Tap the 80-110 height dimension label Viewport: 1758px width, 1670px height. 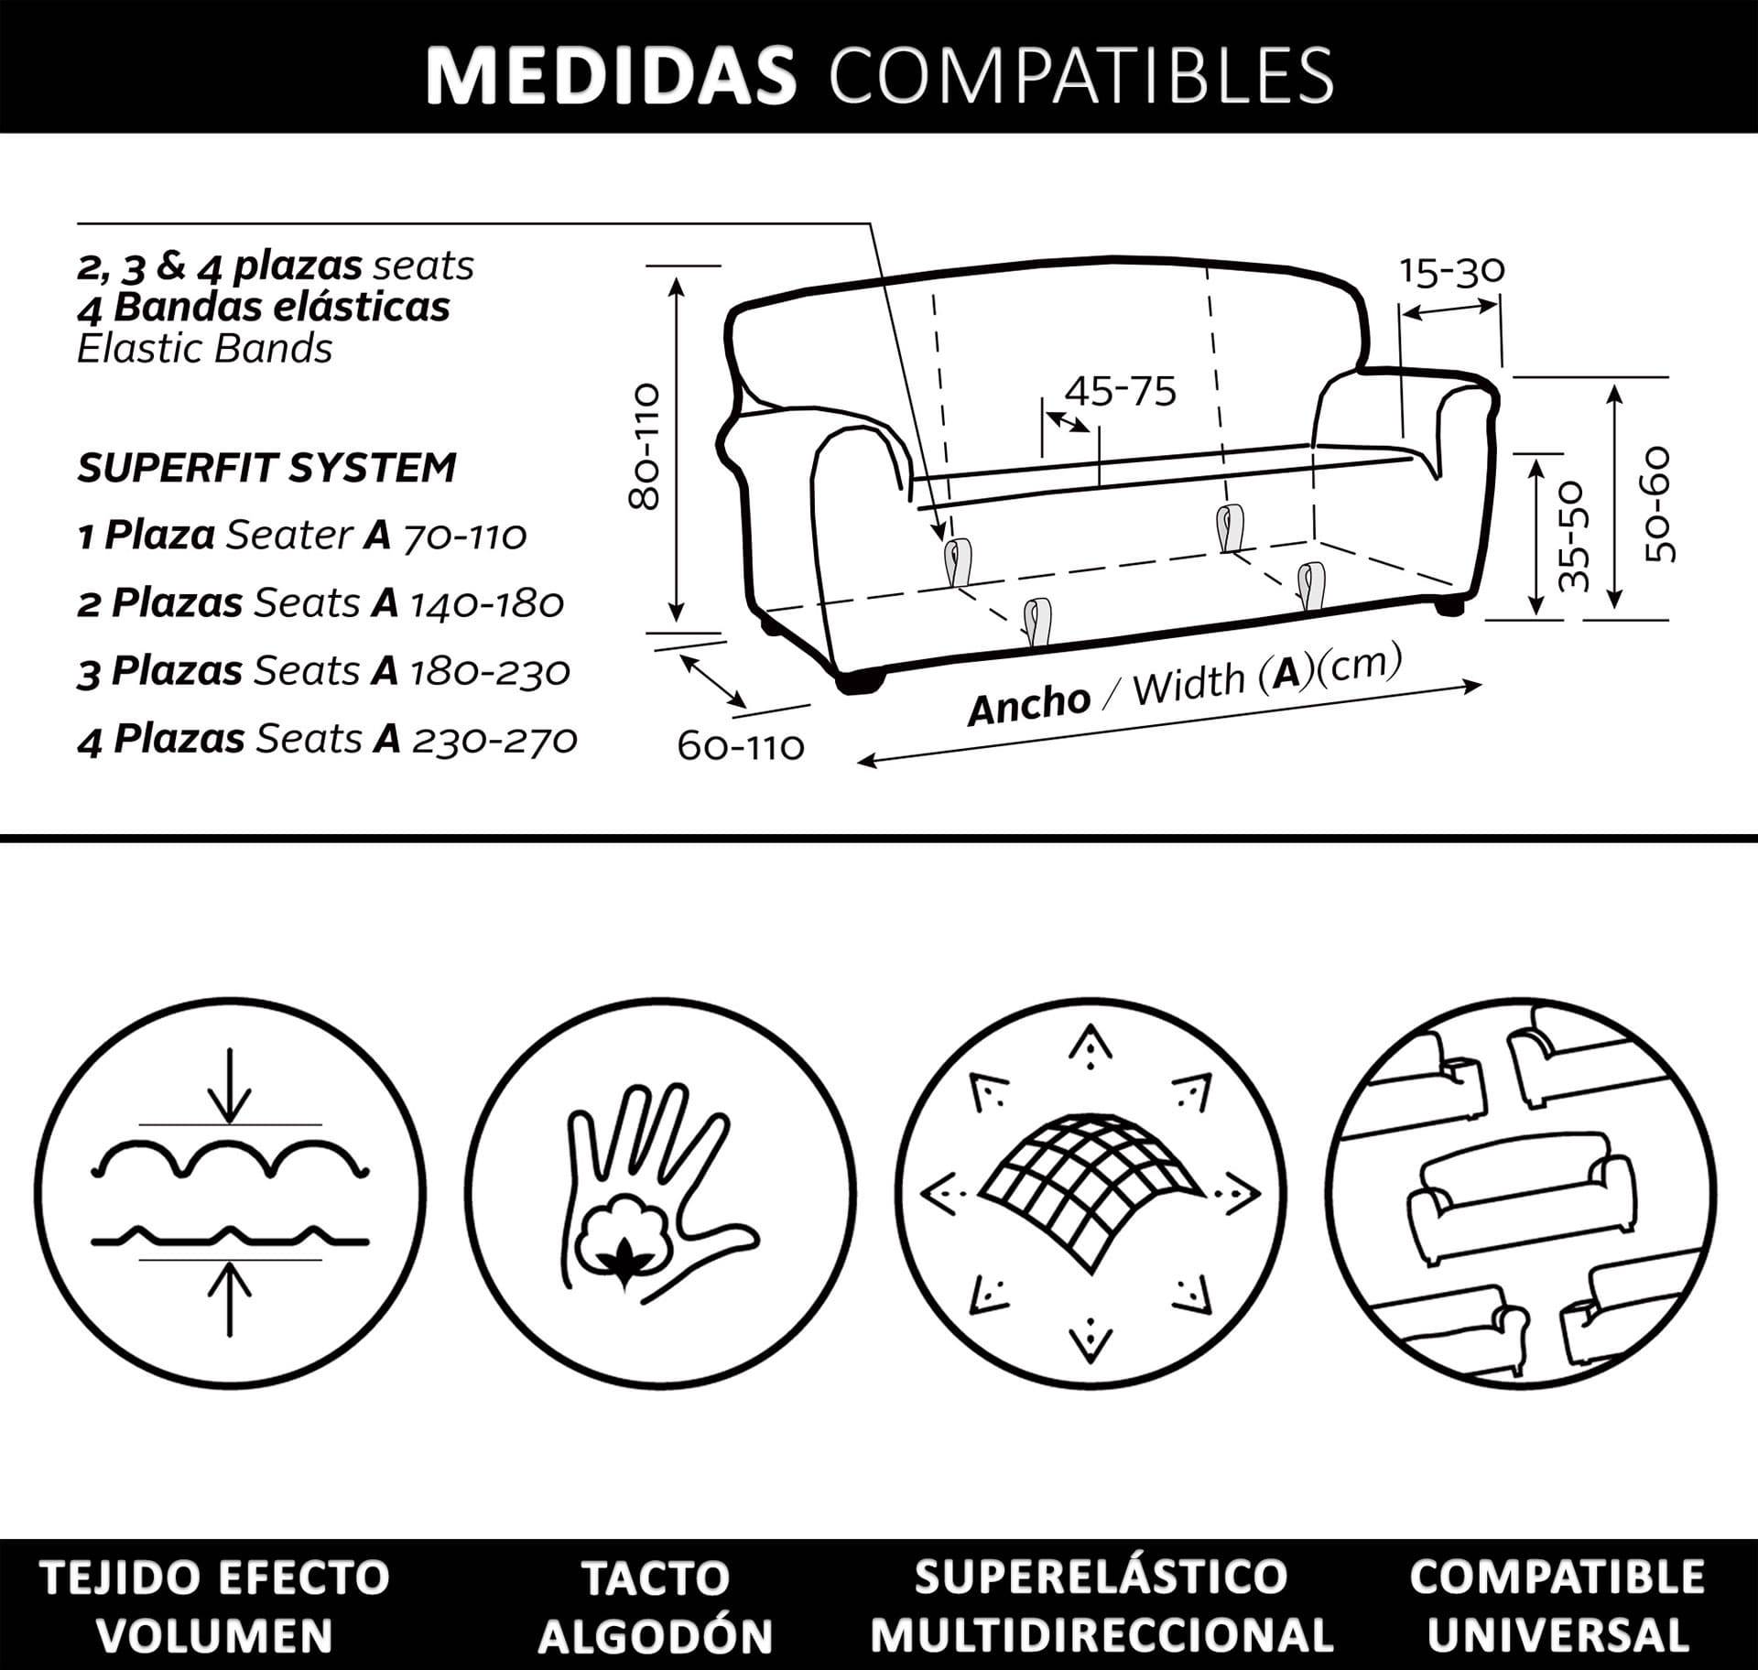[x=646, y=446]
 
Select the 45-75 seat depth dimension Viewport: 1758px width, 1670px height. [x=1120, y=392]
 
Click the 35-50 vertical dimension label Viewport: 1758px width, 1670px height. [x=1574, y=535]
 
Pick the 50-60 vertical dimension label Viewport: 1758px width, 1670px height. [x=1658, y=504]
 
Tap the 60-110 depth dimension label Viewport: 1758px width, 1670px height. [x=741, y=747]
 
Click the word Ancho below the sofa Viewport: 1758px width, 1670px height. [x=1029, y=704]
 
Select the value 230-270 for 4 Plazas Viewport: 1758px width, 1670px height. [x=495, y=740]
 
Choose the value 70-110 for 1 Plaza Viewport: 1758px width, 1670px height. [x=465, y=536]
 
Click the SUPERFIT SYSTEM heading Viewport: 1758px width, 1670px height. [x=266, y=468]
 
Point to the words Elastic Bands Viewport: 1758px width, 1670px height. [x=204, y=349]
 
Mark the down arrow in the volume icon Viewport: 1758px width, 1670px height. [x=230, y=1086]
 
